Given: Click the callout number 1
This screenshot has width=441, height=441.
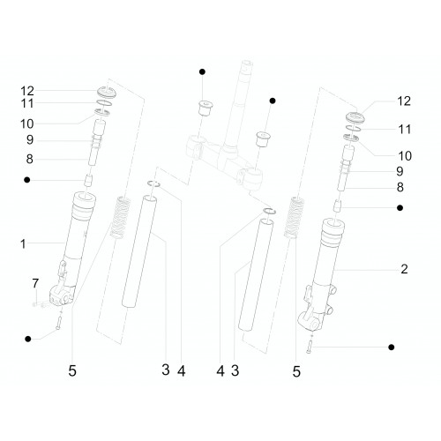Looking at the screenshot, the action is (23, 244).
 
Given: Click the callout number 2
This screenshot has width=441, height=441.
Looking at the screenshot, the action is (404, 269).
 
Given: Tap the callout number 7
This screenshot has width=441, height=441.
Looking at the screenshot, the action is (35, 283).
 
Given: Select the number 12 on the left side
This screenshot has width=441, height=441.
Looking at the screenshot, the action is (27, 91).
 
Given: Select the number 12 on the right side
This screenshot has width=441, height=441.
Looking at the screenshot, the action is (404, 101).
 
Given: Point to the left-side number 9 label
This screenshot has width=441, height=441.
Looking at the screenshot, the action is (30, 139).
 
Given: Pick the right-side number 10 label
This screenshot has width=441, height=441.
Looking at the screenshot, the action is (405, 156).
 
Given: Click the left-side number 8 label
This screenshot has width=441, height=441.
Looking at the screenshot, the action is (29, 159).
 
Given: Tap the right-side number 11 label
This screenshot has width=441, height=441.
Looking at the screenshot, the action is (405, 130).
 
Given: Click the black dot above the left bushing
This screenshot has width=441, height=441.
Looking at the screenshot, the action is (202, 71).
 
